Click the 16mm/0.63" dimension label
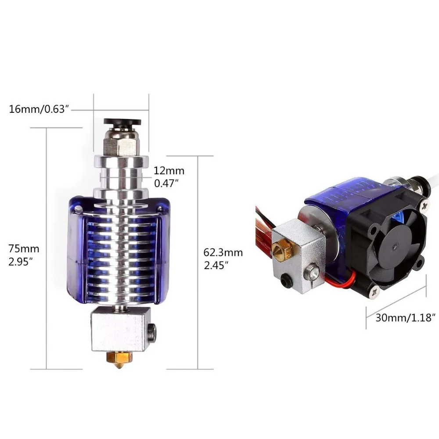[40, 109]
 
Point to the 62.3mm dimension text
[223, 253]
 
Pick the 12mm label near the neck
[169, 171]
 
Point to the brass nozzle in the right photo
[278, 251]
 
